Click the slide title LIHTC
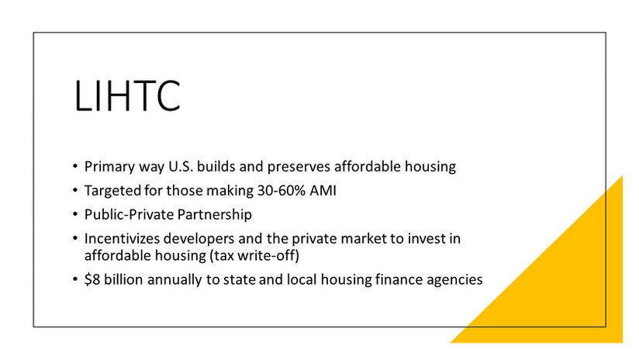point(127,96)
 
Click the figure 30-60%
point(282,190)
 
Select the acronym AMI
point(323,190)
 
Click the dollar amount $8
point(92,279)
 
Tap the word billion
point(123,279)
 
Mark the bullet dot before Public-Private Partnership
point(75,214)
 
